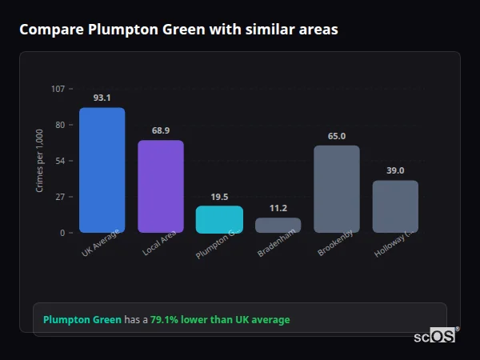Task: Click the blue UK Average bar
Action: pos(102,170)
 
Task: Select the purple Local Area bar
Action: pos(161,186)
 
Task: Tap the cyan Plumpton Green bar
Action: pos(219,219)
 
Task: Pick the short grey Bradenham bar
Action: pos(278,225)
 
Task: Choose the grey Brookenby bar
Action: pos(337,189)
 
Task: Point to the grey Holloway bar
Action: pos(395,206)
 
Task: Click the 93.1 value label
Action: pos(102,98)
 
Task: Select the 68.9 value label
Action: pos(161,130)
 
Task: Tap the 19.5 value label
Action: pos(219,197)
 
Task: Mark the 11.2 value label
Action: pos(278,208)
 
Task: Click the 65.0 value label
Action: pos(337,136)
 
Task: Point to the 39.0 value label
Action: pos(395,170)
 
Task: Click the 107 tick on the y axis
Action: pos(58,89)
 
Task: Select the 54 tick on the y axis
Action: pos(60,161)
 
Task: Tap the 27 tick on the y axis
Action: pos(60,197)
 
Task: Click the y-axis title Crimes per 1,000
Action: pos(40,160)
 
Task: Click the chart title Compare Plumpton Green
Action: pos(178,30)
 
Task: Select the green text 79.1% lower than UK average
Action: pos(220,320)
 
